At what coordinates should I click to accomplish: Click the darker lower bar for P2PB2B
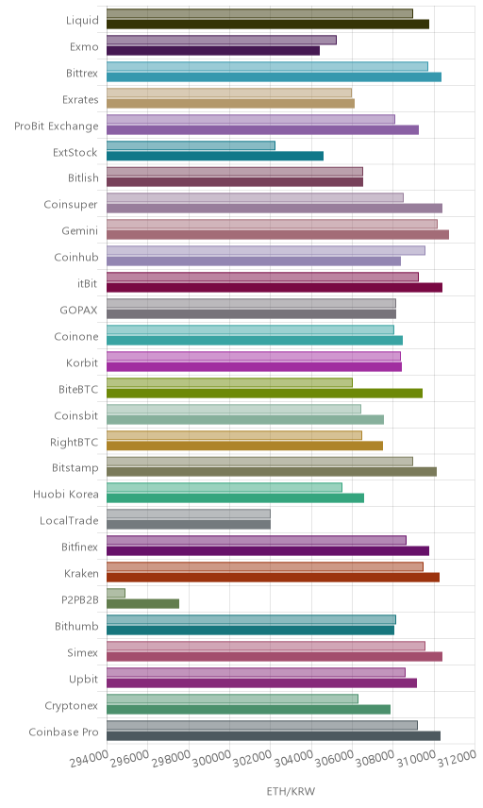pos(143,603)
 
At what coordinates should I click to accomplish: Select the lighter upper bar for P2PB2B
pos(116,593)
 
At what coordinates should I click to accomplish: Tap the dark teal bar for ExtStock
pos(215,156)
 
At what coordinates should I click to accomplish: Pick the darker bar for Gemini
pos(278,234)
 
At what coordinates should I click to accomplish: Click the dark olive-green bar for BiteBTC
pos(265,394)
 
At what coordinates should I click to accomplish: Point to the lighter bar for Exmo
pos(222,40)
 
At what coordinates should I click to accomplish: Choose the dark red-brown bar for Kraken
pos(274,577)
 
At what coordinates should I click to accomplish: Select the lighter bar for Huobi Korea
pos(225,487)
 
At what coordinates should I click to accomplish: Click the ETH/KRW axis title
pos(291,792)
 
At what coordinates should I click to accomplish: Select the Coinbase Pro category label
pos(63,732)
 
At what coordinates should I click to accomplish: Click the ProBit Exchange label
pos(56,126)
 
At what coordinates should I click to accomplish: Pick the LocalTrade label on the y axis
pos(69,520)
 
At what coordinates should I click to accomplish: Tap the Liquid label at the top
pos(82,20)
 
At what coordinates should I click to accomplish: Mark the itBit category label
pos(87,283)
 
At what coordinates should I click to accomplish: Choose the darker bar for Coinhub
pos(254,261)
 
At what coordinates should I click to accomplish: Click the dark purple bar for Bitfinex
pos(268,551)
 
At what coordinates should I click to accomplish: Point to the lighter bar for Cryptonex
pos(233,699)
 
